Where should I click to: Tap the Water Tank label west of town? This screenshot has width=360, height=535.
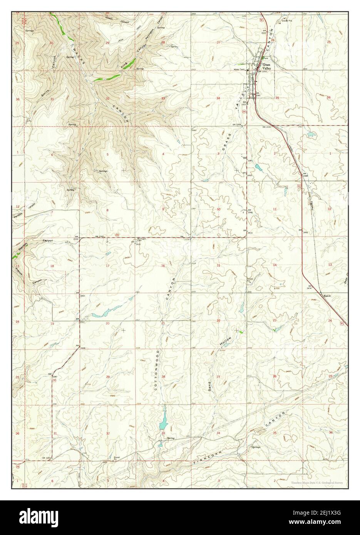pyautogui.click(x=240, y=69)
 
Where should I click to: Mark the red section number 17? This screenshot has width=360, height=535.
pyautogui.click(x=108, y=266)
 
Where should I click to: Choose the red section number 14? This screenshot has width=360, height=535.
pyautogui.click(x=275, y=265)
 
